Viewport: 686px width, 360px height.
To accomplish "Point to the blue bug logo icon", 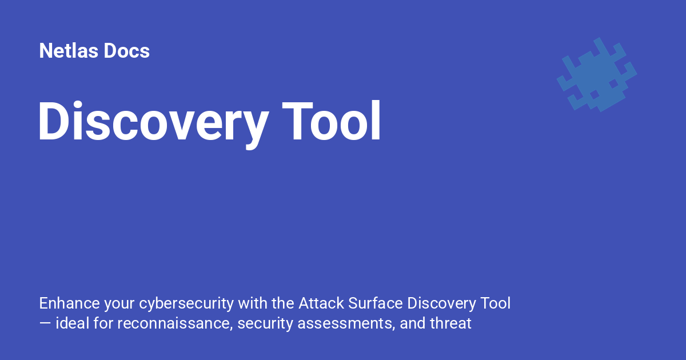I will [x=596, y=74].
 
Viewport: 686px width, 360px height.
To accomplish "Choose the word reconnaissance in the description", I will [x=175, y=323].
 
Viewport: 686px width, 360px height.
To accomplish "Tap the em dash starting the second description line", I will [x=45, y=324].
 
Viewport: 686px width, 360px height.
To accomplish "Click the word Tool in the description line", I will [x=493, y=303].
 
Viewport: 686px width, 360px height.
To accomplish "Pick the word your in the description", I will [x=119, y=303].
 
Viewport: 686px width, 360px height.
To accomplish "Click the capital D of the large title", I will [x=53, y=121].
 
